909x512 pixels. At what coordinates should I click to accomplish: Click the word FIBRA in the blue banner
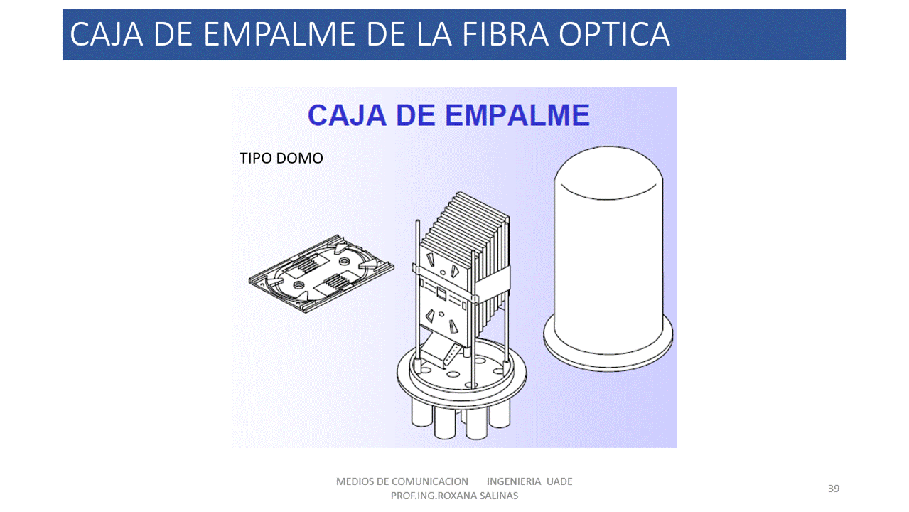pos(505,35)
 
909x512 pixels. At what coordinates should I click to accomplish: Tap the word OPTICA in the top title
pos(614,35)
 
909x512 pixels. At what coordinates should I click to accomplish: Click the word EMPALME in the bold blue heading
pos(517,115)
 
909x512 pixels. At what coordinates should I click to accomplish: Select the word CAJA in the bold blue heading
pos(347,115)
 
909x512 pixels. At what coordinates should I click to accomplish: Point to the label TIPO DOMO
pos(281,158)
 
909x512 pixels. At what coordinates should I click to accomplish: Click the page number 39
pos(834,489)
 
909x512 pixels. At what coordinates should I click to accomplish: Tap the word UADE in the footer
pos(559,481)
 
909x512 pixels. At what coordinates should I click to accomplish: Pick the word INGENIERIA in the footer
pos(514,481)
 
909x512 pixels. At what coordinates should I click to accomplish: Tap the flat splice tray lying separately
pos(321,274)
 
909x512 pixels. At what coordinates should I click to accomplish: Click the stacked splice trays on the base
pos(465,268)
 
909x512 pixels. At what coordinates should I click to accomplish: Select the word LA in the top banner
pos(434,35)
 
